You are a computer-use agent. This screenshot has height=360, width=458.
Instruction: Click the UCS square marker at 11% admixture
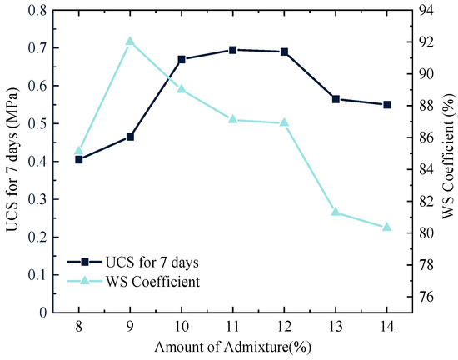click(232, 50)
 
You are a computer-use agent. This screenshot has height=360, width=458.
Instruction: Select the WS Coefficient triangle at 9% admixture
click(130, 41)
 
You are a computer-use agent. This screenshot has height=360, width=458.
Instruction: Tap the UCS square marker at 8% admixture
click(79, 159)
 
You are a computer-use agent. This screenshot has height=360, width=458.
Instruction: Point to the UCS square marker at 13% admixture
click(336, 99)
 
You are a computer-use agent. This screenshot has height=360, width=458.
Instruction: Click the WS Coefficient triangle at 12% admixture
click(284, 122)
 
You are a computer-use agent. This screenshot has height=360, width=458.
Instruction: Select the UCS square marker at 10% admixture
click(182, 59)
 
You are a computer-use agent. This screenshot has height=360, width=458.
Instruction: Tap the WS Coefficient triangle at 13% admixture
click(336, 212)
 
